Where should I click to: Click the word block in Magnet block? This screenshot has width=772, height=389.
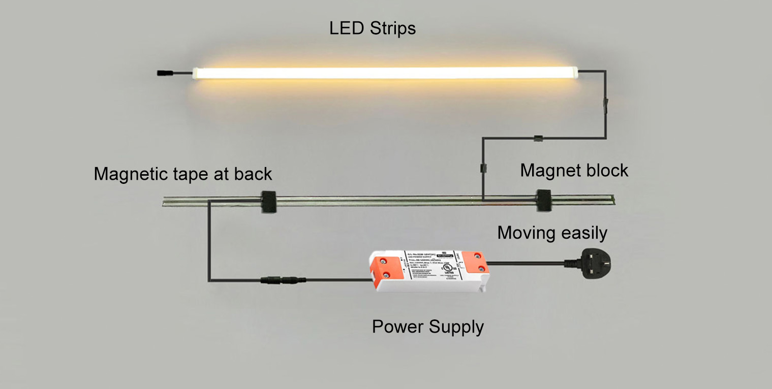(x=608, y=171)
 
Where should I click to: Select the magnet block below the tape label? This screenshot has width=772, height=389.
(x=268, y=201)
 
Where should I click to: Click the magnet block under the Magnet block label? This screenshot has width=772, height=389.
(x=544, y=200)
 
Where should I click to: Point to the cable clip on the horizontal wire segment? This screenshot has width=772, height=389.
(x=537, y=138)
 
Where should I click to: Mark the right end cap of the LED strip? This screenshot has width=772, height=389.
(x=576, y=73)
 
